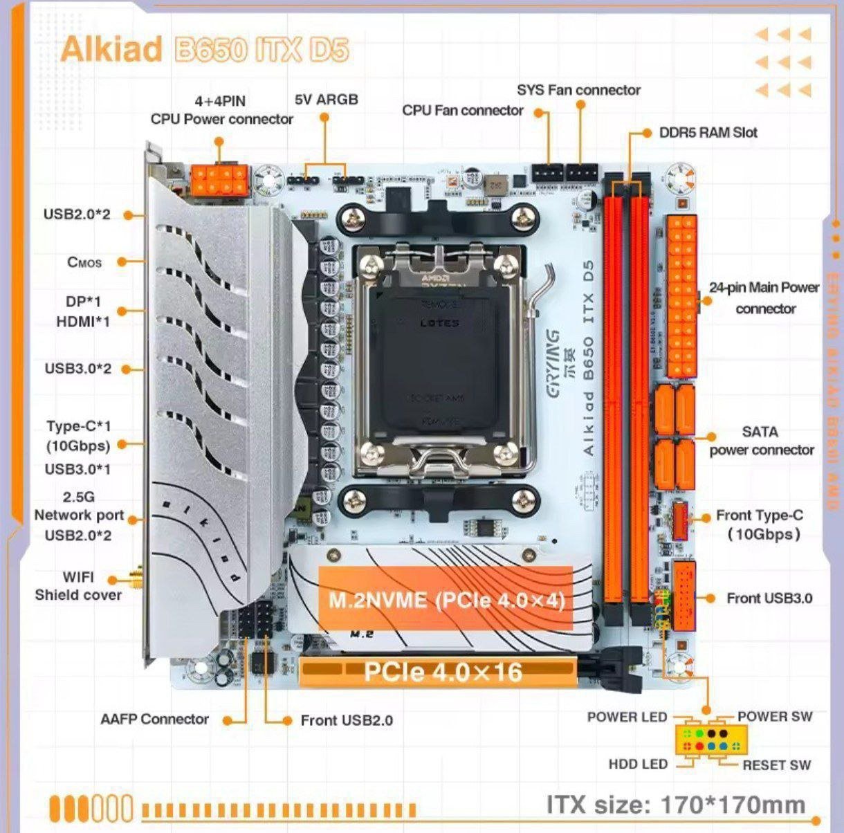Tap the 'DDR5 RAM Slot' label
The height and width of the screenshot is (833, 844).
708,132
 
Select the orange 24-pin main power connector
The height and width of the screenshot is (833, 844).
681,296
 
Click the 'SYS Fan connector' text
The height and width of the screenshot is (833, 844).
578,90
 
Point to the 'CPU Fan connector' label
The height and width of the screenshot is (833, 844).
463,110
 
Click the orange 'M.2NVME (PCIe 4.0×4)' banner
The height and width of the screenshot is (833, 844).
446,599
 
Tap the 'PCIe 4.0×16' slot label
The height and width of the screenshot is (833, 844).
443,671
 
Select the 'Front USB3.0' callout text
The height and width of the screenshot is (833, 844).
769,598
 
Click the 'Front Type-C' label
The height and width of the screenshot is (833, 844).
760,515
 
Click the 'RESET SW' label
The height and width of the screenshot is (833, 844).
776,765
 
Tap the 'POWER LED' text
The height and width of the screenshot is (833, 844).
627,717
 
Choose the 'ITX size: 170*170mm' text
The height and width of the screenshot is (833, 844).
676,805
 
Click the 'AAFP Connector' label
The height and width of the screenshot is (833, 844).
154,720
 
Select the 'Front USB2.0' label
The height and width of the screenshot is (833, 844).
347,720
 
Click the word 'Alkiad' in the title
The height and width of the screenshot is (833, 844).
111,50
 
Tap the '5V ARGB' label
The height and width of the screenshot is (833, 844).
327,100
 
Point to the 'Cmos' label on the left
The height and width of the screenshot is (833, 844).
84,262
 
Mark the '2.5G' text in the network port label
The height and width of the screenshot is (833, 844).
78,497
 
